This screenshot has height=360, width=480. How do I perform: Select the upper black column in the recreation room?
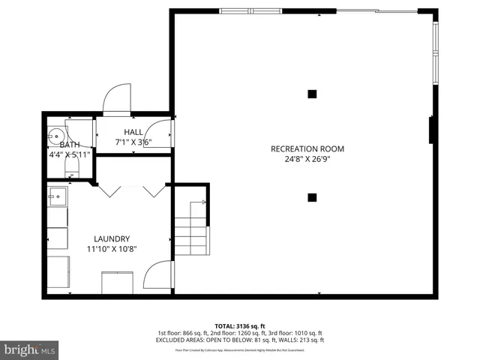(312, 94)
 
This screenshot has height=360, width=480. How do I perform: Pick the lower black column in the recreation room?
(312, 198)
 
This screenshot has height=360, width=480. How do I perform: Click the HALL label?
(133, 133)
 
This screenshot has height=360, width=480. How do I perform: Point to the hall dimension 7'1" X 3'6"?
(133, 142)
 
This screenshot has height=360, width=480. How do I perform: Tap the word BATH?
(70, 145)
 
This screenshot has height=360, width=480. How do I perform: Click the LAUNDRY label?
(112, 238)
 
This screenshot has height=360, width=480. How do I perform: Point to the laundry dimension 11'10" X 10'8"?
(112, 249)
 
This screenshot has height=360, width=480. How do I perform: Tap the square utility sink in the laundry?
(57, 199)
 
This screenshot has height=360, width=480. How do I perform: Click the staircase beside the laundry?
(192, 232)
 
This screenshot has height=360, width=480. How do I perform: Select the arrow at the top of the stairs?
(199, 202)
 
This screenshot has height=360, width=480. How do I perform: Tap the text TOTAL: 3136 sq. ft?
(239, 325)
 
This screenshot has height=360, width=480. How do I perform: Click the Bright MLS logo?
(30, 349)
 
